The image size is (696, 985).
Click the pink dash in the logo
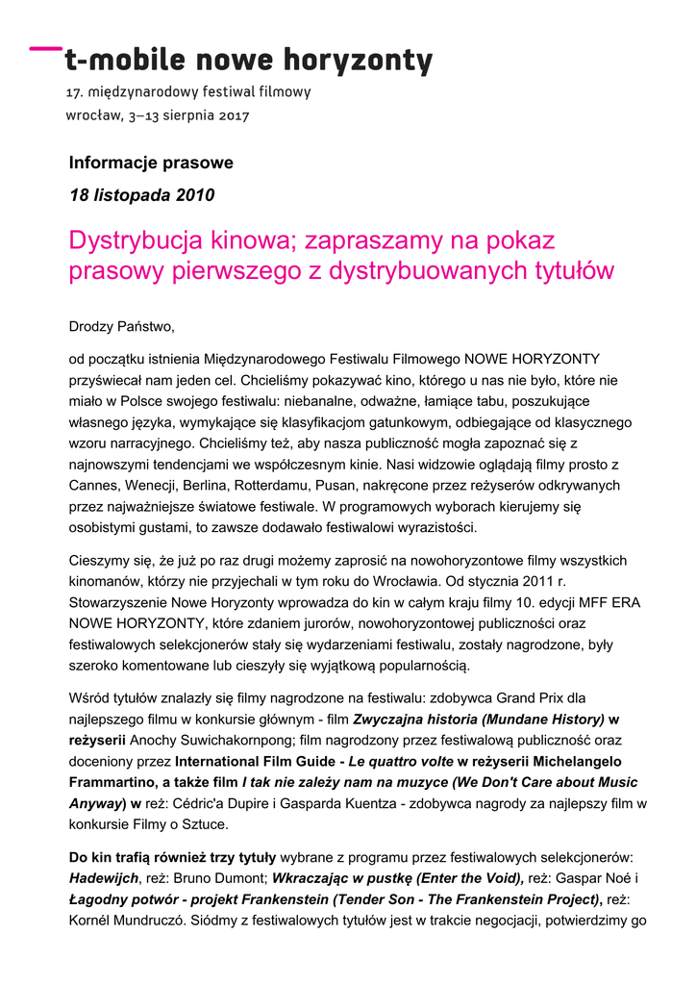point(43,47)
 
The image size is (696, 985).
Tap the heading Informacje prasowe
point(151,163)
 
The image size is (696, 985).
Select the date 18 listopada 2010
point(141,195)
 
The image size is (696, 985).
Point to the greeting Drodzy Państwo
point(122,327)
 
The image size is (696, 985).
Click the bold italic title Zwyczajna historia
point(415,719)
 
